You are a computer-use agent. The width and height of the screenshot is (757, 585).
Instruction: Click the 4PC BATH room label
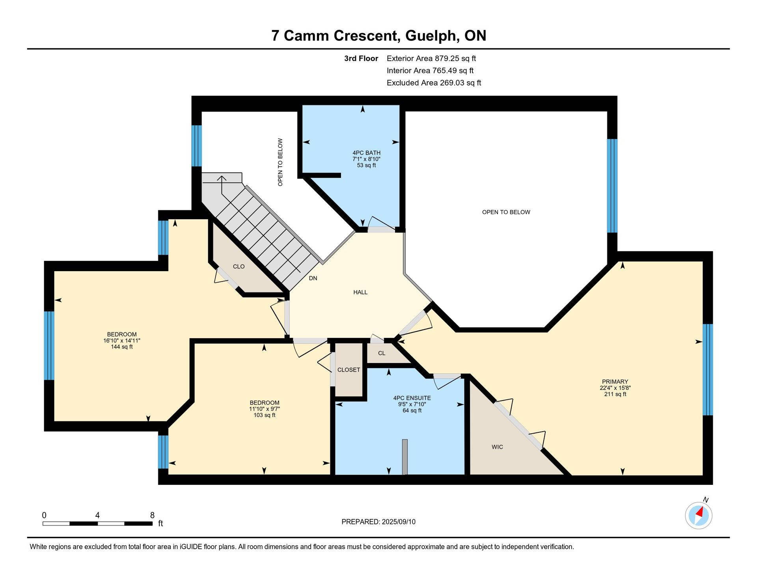tap(366, 153)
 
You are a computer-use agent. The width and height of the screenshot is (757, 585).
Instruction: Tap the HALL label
tap(360, 292)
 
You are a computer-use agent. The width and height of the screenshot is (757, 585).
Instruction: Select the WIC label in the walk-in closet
tap(497, 447)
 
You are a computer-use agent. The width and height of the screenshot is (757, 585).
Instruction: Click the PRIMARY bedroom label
tap(615, 382)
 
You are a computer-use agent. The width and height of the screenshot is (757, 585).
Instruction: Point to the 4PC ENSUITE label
tap(412, 398)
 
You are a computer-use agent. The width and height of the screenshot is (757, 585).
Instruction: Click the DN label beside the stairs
tap(313, 278)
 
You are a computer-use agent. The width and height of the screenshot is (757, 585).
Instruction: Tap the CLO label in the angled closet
tap(239, 266)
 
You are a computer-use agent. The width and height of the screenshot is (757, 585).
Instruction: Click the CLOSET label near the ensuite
tap(349, 370)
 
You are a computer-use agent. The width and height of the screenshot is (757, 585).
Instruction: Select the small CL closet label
tap(382, 353)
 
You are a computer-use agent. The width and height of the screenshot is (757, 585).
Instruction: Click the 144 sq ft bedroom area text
tap(122, 347)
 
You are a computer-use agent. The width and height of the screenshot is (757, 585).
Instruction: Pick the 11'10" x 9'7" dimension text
tap(264, 409)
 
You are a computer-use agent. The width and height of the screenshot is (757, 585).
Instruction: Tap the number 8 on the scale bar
tap(152, 515)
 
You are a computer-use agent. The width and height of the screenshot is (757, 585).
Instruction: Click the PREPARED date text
tap(378, 522)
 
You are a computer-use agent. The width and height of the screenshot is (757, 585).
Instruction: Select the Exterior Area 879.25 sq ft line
tap(431, 58)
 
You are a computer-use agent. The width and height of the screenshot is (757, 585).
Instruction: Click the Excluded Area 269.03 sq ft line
tap(434, 83)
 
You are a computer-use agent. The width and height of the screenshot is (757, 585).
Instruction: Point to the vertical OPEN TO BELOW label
tap(280, 162)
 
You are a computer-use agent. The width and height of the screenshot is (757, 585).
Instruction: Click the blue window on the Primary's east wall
tap(708, 370)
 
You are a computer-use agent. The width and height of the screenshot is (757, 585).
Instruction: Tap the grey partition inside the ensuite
tap(405, 457)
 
